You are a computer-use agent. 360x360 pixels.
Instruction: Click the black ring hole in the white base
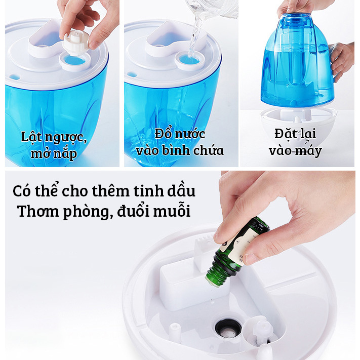click(228, 328)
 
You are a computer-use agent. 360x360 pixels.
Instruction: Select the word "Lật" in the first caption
click(31, 137)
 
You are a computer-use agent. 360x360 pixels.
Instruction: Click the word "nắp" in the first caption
click(65, 154)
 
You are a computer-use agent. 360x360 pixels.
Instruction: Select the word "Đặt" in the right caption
click(284, 134)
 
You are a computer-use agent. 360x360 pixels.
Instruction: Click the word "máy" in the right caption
click(309, 151)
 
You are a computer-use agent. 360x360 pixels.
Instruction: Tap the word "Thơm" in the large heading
click(38, 211)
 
